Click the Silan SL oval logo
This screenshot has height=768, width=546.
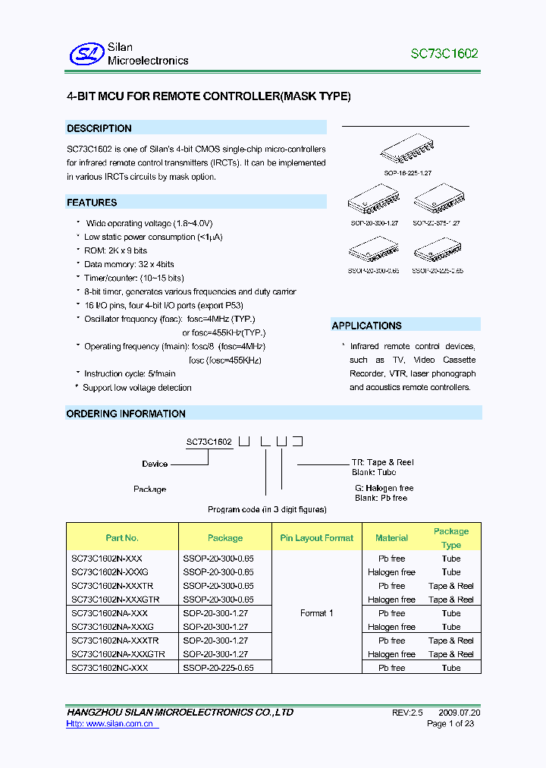[x=84, y=53]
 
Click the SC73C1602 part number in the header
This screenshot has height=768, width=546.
[x=444, y=54]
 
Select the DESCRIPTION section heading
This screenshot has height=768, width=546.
[x=99, y=128]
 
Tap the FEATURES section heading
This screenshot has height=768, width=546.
[x=92, y=203]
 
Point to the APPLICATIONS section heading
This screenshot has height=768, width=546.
[x=366, y=326]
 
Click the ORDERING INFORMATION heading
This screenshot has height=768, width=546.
[x=126, y=414]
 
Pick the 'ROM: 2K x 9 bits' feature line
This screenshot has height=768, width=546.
[x=115, y=250]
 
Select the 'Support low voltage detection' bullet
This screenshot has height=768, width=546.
[x=136, y=388]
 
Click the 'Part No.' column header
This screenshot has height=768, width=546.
[x=122, y=537]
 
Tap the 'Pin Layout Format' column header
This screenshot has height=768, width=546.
[x=316, y=537]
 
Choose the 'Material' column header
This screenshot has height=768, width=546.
[x=391, y=537]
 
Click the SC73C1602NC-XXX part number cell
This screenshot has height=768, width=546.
[x=110, y=668]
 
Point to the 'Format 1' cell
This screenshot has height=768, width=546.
[x=316, y=613]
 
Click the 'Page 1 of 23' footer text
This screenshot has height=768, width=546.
[x=450, y=724]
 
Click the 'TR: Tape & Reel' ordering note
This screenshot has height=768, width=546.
[x=382, y=462]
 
